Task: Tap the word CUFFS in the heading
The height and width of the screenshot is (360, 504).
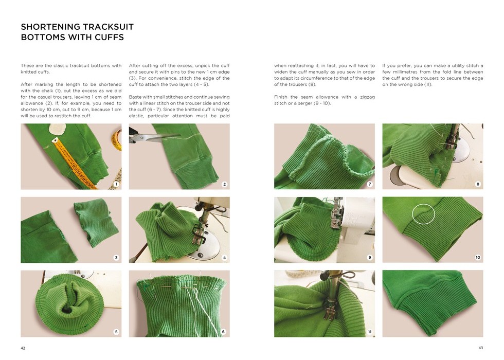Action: pyautogui.click(x=109, y=37)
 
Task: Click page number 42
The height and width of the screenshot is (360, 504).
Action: pyautogui.click(x=23, y=348)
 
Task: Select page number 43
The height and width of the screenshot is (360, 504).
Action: pyautogui.click(x=481, y=348)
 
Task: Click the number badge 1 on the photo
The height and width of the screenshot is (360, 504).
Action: pyautogui.click(x=116, y=184)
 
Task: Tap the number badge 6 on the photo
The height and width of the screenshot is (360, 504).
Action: pyautogui.click(x=223, y=332)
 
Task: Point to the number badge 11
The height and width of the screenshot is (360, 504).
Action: pyautogui.click(x=370, y=332)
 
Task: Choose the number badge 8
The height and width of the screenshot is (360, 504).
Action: pyautogui.click(x=478, y=184)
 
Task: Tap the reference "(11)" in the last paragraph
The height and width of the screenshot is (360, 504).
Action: pyautogui.click(x=427, y=84)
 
